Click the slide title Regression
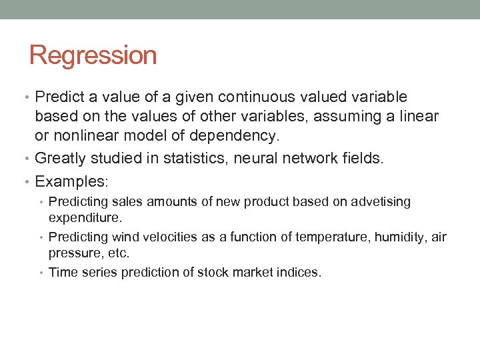pyautogui.click(x=93, y=55)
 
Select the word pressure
pyautogui.click(x=71, y=253)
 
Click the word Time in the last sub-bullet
pyautogui.click(x=63, y=272)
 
